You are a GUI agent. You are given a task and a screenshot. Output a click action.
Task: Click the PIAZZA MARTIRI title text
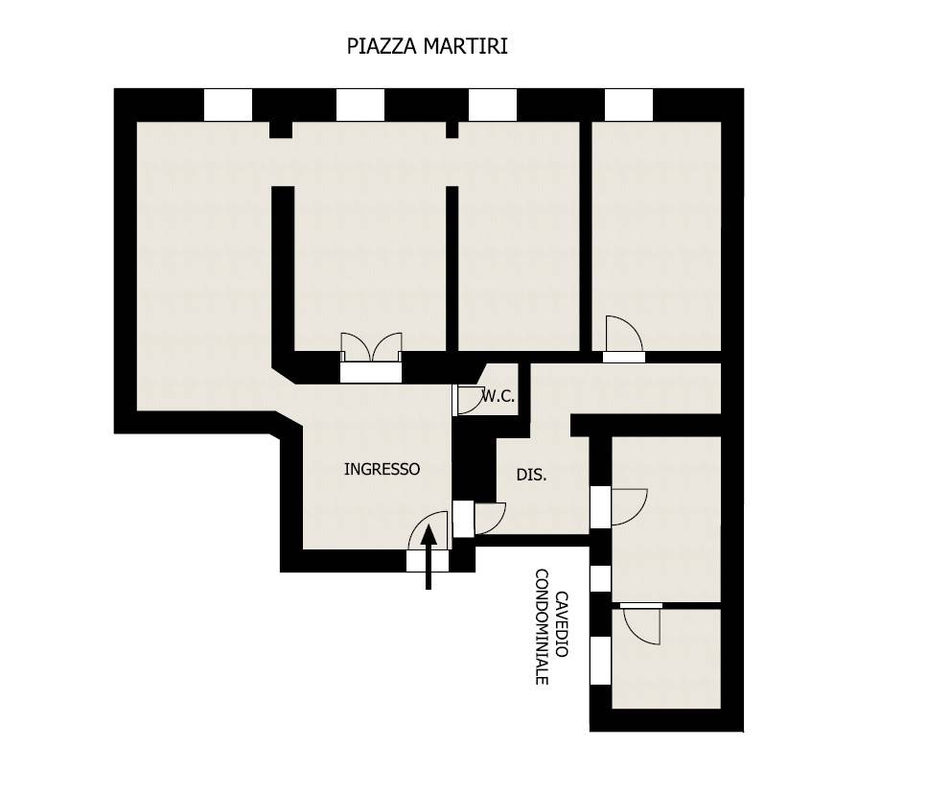[427, 46]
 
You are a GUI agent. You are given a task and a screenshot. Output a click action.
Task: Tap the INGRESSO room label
[382, 469]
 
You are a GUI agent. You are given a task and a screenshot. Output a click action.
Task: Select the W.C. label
[498, 396]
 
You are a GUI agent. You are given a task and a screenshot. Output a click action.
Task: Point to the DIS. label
[531, 475]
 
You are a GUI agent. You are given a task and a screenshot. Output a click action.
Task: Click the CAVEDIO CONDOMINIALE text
[551, 625]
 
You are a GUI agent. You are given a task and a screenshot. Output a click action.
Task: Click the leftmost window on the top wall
[228, 105]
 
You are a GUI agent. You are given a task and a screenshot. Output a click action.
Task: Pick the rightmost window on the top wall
[629, 105]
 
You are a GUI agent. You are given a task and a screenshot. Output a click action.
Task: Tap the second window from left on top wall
[360, 105]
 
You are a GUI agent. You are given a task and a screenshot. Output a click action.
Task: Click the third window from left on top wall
[493, 105]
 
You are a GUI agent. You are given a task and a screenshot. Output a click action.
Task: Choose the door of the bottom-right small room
[640, 626]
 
